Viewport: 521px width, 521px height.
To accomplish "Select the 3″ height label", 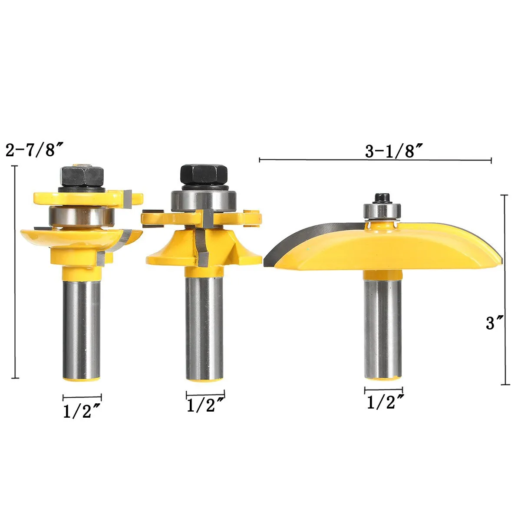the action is point(495,323).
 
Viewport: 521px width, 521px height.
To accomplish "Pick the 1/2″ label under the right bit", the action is point(385,402).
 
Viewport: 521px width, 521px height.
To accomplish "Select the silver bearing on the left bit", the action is point(81,216).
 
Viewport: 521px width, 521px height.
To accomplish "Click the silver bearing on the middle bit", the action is point(204,200).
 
